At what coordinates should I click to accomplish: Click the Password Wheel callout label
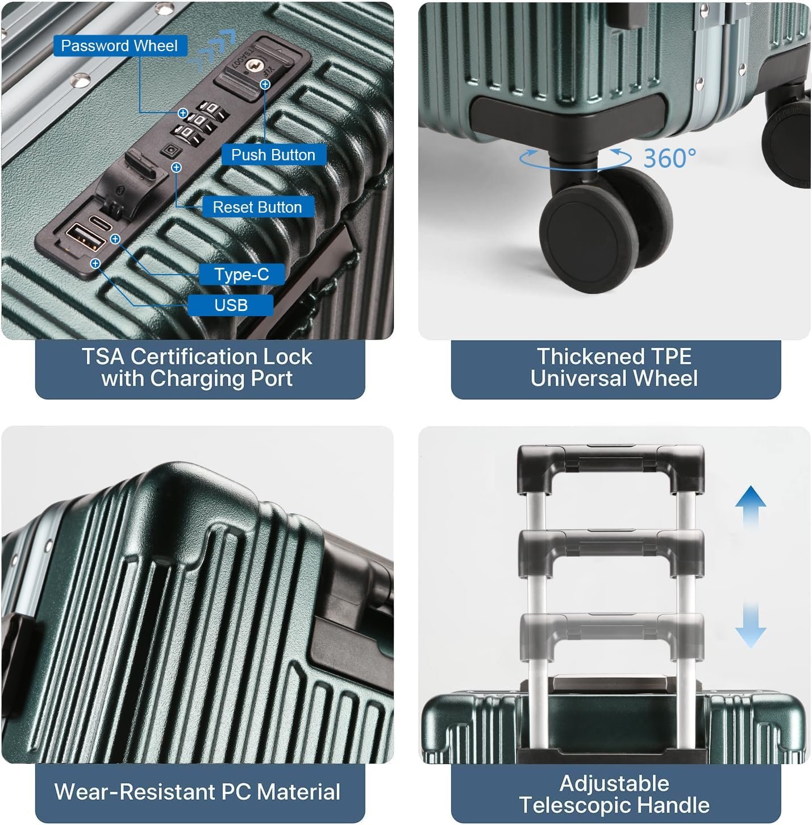[x=120, y=45]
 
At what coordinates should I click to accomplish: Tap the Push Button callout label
[x=273, y=155]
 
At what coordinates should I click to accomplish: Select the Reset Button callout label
[x=257, y=207]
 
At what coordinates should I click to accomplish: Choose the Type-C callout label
[x=242, y=275]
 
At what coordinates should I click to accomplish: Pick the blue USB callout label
[x=231, y=305]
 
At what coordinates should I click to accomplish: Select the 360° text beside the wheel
[x=669, y=159]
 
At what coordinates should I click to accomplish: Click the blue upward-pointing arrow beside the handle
[x=751, y=507]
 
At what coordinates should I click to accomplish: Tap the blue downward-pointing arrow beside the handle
[x=751, y=625]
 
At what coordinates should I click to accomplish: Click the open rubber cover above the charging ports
[x=131, y=180]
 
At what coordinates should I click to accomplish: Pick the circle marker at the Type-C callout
[x=115, y=239]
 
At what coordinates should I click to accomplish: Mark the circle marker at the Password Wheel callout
[x=183, y=113]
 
